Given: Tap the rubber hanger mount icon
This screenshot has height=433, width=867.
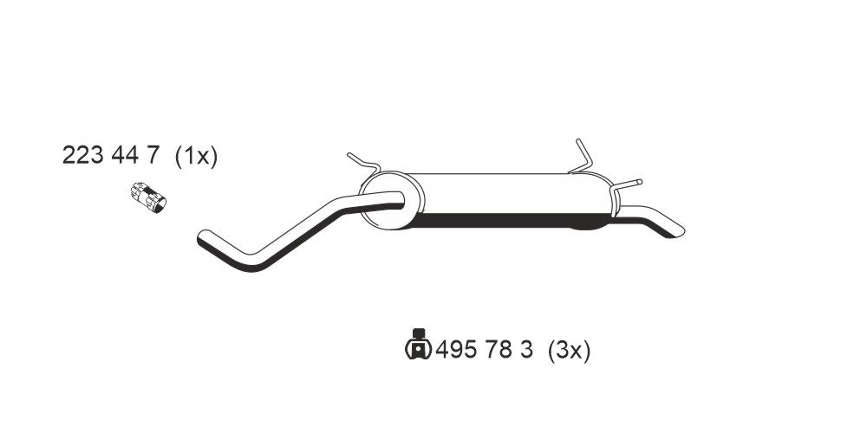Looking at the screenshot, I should (x=417, y=345).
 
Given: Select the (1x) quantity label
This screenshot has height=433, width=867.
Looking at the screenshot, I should (x=195, y=156).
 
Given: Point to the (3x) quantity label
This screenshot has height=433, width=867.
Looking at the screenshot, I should (x=569, y=351).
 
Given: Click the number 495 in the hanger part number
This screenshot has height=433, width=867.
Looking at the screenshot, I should (x=456, y=351).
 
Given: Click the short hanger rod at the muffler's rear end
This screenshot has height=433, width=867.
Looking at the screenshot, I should (x=628, y=184).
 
